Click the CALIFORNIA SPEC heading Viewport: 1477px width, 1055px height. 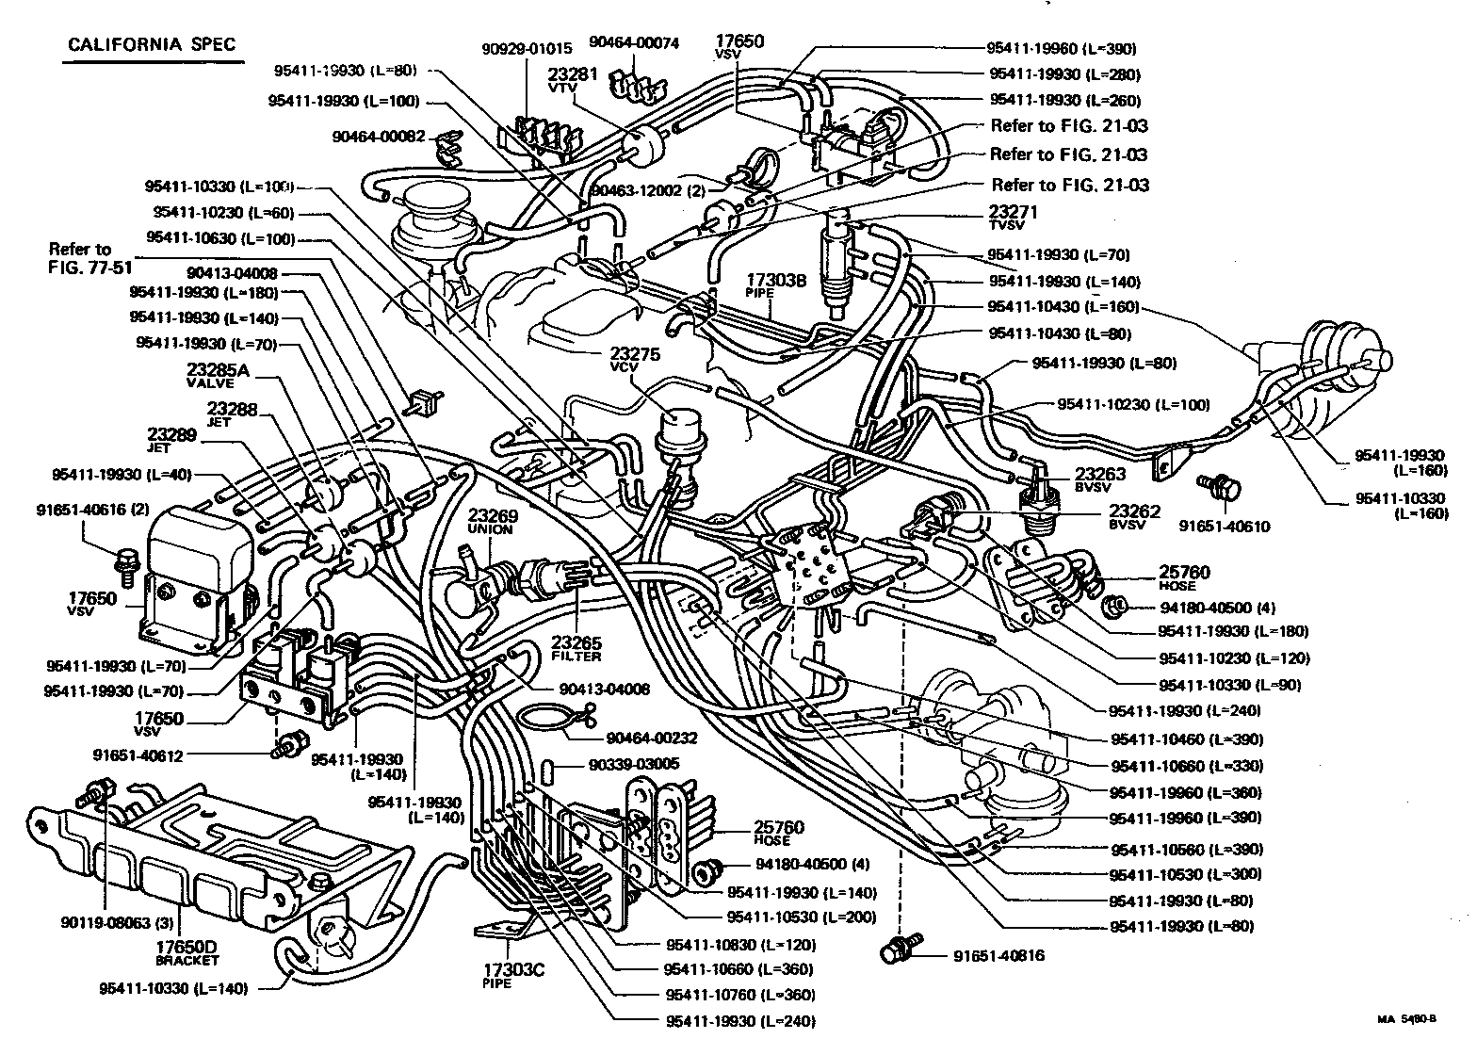pyautogui.click(x=152, y=44)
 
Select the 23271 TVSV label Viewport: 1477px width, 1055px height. pyautogui.click(x=1013, y=219)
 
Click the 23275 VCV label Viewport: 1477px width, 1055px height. pyautogui.click(x=634, y=360)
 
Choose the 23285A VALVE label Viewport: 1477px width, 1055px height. pyautogui.click(x=218, y=376)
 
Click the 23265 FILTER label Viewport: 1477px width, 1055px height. pyautogui.click(x=576, y=649)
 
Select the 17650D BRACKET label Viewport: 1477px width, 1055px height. pyautogui.click(x=187, y=951)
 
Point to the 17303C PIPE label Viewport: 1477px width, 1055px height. pyautogui.click(x=496, y=974)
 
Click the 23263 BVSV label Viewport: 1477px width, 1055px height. pyautogui.click(x=1100, y=480)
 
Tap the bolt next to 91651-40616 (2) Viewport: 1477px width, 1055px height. pyautogui.click(x=124, y=562)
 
